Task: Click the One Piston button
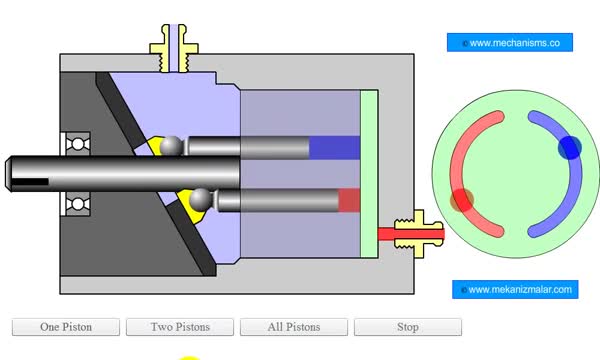66,327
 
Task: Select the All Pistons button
294,327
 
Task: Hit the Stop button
408,327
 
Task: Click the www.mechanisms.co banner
510,42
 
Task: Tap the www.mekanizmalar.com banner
515,289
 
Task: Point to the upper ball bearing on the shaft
78,144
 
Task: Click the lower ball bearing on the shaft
78,204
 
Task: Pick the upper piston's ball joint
171,146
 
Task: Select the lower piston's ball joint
201,199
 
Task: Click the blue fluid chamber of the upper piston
334,147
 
